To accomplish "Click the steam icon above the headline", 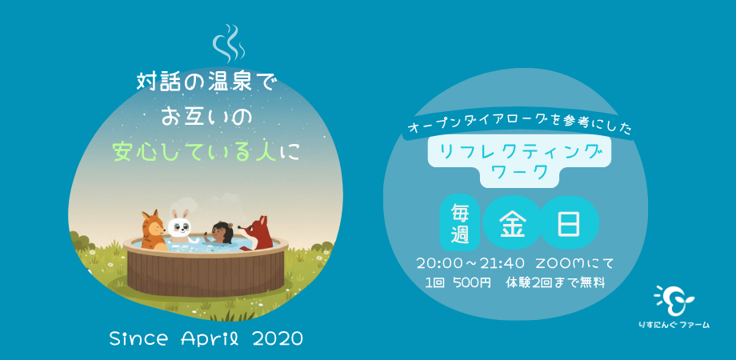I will [227, 43].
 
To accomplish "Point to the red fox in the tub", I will [259, 234].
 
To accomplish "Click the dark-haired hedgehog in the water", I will [220, 233].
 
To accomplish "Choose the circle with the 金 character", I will [512, 222].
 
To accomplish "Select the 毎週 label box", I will [459, 223].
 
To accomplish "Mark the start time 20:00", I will [438, 263].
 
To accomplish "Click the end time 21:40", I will [502, 263].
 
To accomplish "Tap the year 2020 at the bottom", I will [278, 338].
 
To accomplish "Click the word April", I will [206, 338].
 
